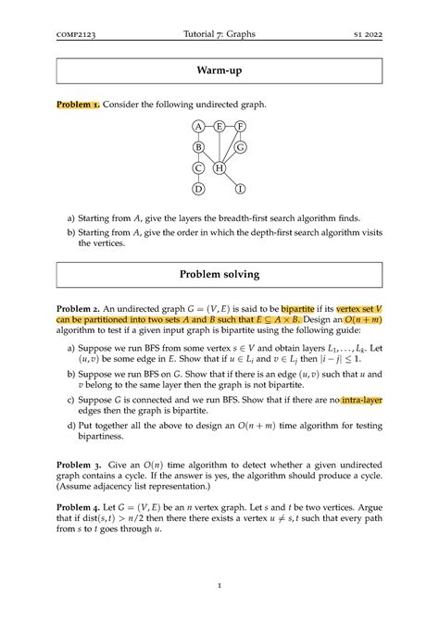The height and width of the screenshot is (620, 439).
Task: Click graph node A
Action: click(x=198, y=126)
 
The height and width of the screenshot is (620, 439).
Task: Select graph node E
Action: click(x=219, y=126)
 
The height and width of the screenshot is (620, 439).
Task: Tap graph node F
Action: click(x=241, y=126)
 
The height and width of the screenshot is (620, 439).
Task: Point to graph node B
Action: click(x=198, y=147)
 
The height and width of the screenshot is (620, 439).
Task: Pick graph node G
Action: click(x=241, y=147)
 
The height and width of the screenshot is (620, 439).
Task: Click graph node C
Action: click(x=198, y=168)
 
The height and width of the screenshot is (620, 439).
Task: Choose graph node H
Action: click(x=219, y=168)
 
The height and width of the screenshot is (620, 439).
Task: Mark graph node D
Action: click(x=198, y=190)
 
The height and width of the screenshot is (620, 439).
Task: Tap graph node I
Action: click(x=241, y=190)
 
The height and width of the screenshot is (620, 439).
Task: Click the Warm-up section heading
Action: click(x=219, y=69)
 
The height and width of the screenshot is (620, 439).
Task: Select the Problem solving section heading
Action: click(x=219, y=275)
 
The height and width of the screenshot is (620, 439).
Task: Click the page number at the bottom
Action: click(x=219, y=585)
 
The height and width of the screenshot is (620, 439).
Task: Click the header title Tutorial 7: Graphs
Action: click(x=219, y=34)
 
